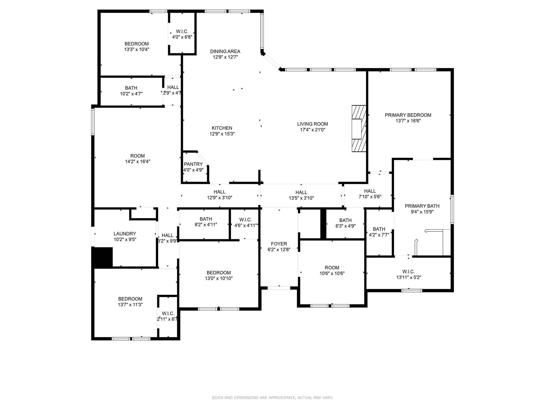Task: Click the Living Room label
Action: coord(312,124)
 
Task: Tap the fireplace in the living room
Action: coord(359,129)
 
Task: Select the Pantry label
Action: coord(193,164)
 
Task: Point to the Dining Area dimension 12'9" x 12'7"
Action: coord(225,57)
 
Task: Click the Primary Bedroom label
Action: coord(408,115)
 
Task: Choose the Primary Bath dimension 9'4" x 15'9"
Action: coord(422,212)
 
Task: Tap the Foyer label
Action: coord(279,244)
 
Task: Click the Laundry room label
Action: coord(125,234)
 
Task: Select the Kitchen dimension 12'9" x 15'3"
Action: coord(222,134)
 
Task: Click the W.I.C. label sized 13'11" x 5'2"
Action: coord(408,272)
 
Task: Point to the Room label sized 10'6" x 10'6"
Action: coord(332,268)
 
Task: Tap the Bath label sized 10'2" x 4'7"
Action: coord(131,88)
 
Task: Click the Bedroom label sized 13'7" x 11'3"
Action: coord(130,299)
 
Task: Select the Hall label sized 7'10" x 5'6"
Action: coord(370,191)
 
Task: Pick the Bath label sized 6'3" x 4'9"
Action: coord(345,220)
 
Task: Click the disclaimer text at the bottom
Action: coord(272,398)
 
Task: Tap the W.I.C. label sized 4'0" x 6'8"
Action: coord(182,31)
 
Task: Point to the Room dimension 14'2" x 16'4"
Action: coord(138,162)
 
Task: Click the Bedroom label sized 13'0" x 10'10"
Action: coord(218,273)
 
